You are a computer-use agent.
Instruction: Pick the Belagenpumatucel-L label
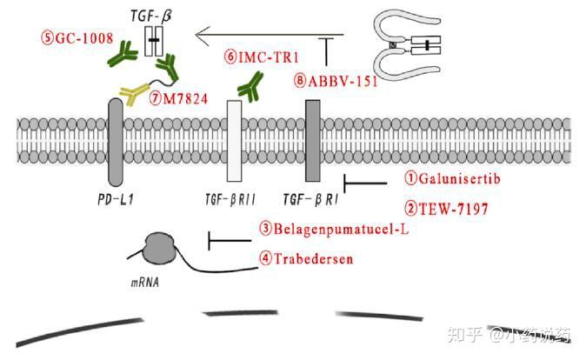click(x=334, y=230)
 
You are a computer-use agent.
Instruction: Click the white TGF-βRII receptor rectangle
click(x=233, y=140)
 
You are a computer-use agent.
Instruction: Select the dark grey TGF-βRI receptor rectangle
click(x=313, y=140)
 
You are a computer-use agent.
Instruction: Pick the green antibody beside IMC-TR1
click(x=252, y=83)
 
